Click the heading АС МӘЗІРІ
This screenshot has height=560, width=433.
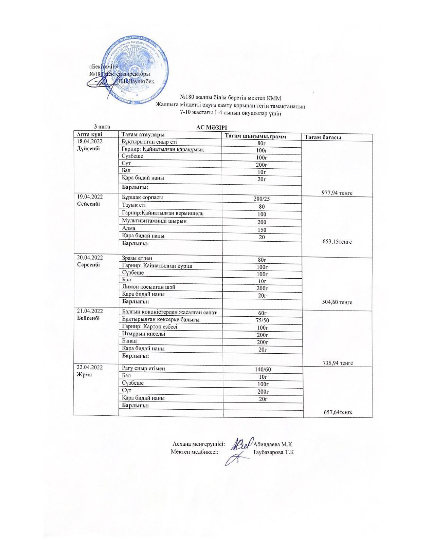coord(212,127)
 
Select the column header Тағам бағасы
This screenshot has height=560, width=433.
coord(323,137)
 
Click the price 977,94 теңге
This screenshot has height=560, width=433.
coord(337,193)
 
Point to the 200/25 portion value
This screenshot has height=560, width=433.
coord(261,199)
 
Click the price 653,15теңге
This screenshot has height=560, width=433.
coord(337,242)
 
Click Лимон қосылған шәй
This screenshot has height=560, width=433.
coord(149,287)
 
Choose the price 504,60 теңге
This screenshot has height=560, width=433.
coord(337,302)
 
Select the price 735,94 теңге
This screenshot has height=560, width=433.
coord(337,363)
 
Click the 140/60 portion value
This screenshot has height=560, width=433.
coord(263,369)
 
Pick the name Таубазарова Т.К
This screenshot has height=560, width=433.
coord(273,452)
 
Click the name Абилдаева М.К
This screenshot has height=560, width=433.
coord(273,444)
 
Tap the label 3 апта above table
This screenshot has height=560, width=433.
coord(102,126)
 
